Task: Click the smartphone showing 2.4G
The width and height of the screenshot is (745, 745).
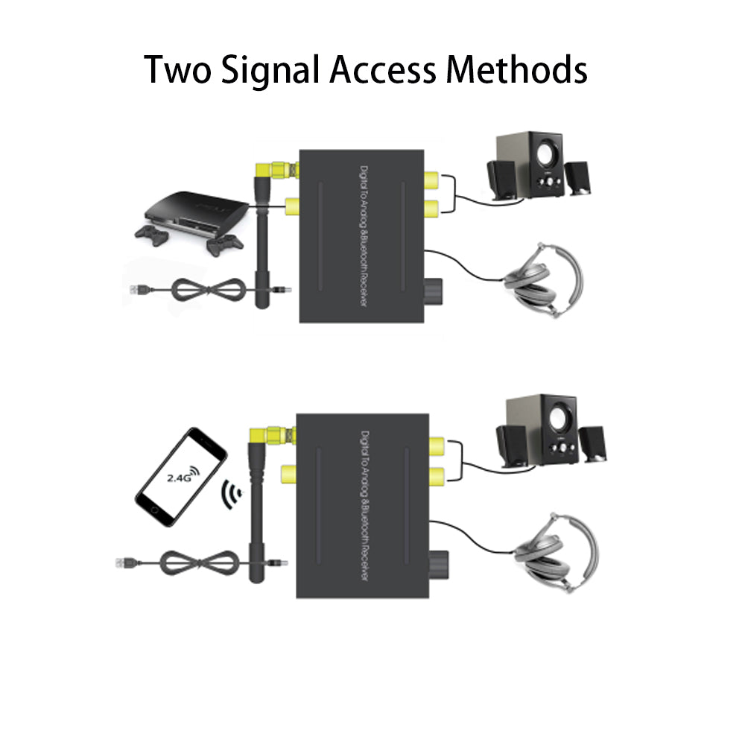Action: coord(181,477)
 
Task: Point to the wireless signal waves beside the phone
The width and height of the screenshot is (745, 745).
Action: coord(232,493)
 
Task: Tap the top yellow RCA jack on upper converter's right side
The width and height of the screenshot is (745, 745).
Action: coord(430,180)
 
